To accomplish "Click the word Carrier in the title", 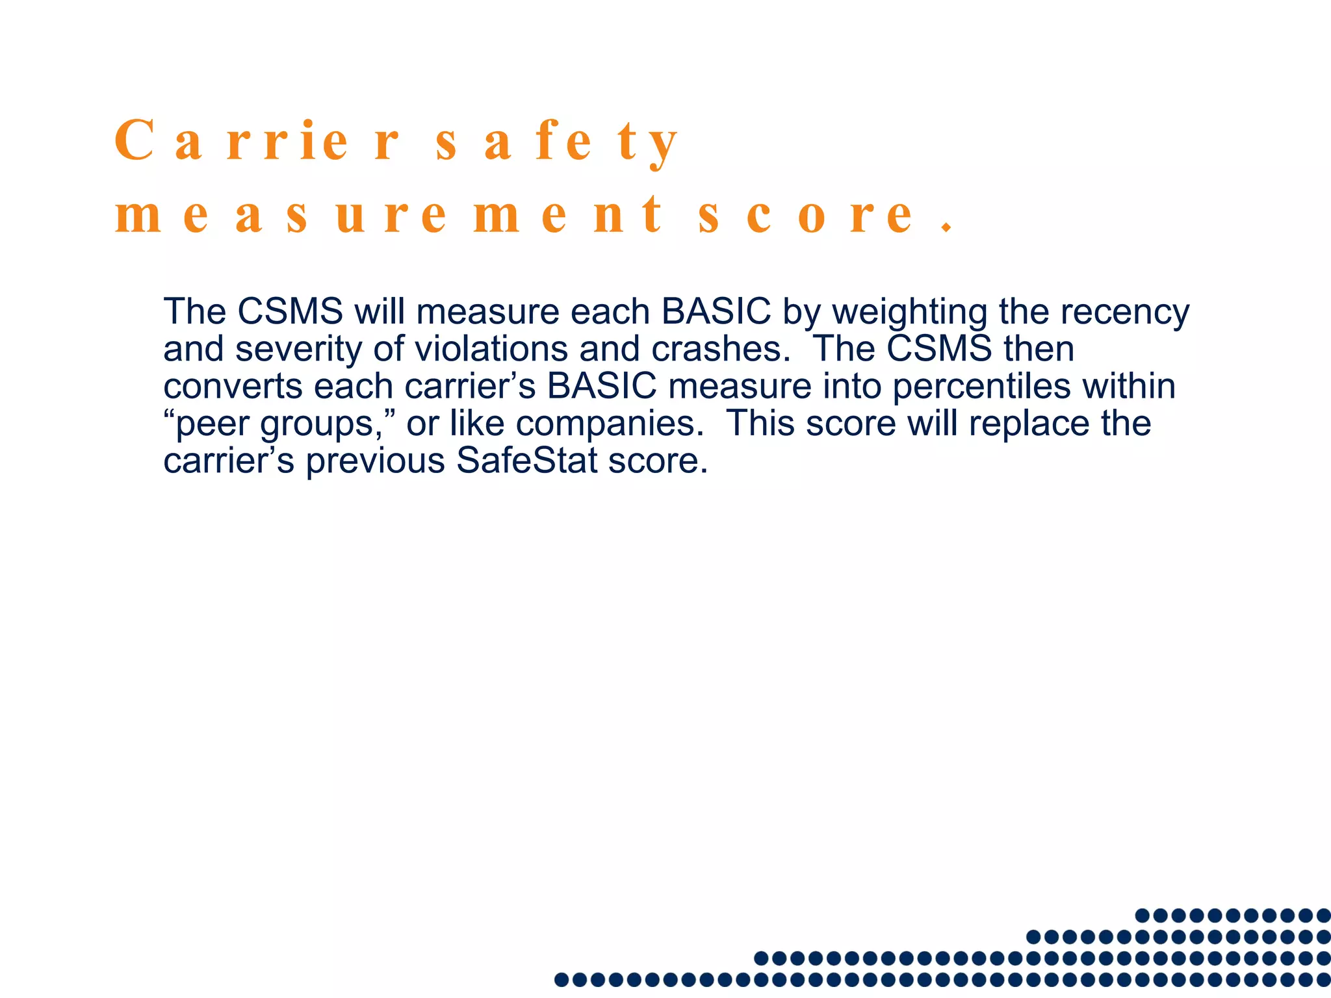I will coord(257,141).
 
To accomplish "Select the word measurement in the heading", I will coord(389,216).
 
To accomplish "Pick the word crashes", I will coord(721,349).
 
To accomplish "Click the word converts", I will coord(233,387).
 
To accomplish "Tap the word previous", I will coord(375,461).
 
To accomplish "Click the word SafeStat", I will coord(526,461).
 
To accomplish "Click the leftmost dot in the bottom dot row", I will coord(562,979).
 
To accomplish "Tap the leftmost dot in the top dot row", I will coord(1142,915).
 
